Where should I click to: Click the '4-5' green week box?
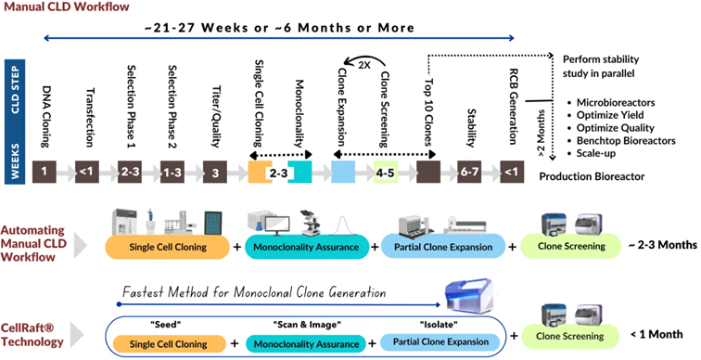pyautogui.click(x=386, y=172)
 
